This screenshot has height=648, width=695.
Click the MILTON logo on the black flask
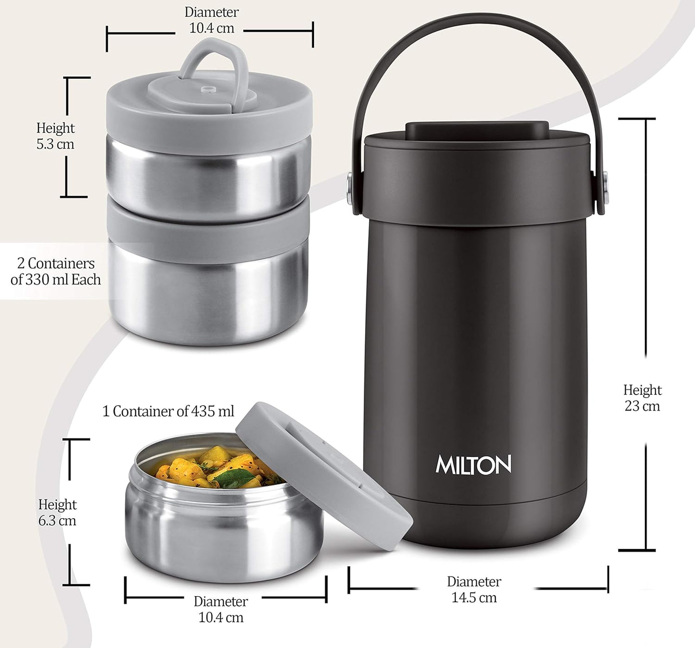473,465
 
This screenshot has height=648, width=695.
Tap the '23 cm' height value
642,406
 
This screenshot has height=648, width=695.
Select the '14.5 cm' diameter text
474,598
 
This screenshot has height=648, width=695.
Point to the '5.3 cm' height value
55,144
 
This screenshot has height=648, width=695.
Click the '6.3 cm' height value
57,521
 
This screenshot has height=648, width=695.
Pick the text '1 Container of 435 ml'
168,411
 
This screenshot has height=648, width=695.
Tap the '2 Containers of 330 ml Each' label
56,272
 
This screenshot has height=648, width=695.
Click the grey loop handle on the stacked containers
212,60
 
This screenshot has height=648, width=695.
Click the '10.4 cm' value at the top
212,28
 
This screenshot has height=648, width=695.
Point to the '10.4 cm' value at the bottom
221,617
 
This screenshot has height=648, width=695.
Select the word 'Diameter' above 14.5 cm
474,582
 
